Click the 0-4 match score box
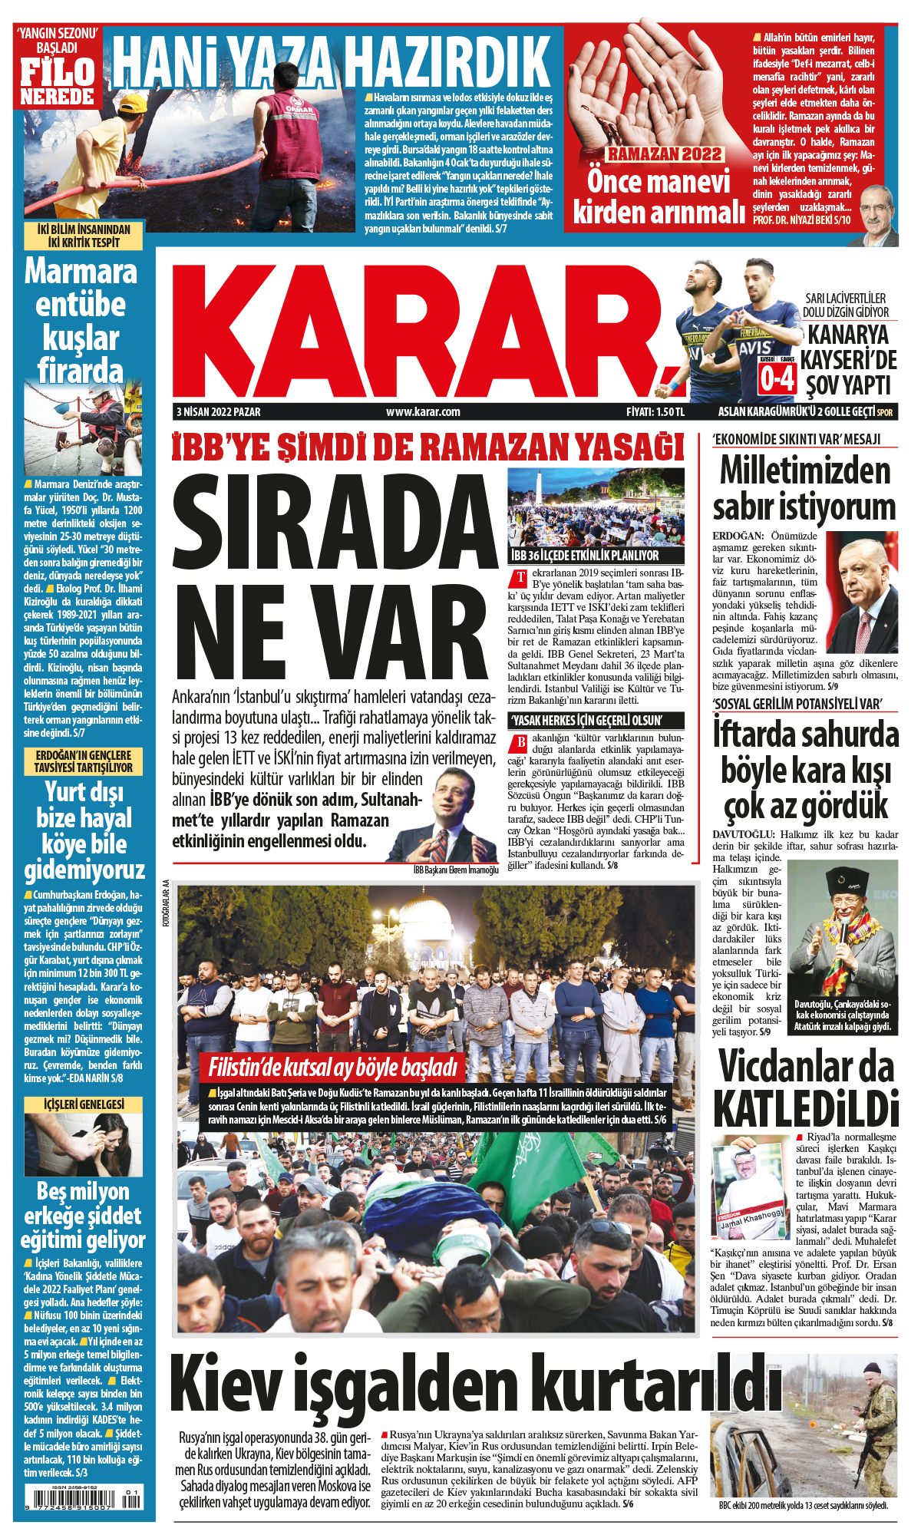pyautogui.click(x=777, y=378)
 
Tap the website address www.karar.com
pyautogui.click(x=423, y=412)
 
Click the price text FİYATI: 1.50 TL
pyautogui.click(x=655, y=412)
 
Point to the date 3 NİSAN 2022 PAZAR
pyautogui.click(x=219, y=412)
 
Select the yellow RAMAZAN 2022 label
pyautogui.click(x=665, y=154)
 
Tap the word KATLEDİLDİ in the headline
pyautogui.click(x=805, y=1108)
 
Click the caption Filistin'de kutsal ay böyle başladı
pyautogui.click(x=333, y=1068)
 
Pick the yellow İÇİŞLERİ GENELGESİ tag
pyautogui.click(x=84, y=1104)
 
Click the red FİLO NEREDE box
pyautogui.click(x=58, y=81)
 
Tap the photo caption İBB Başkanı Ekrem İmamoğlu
pyautogui.click(x=455, y=870)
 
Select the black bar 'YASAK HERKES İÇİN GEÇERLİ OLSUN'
pyautogui.click(x=586, y=720)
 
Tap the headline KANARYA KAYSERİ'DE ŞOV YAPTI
pyautogui.click(x=848, y=359)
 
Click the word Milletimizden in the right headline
pyautogui.click(x=804, y=470)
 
